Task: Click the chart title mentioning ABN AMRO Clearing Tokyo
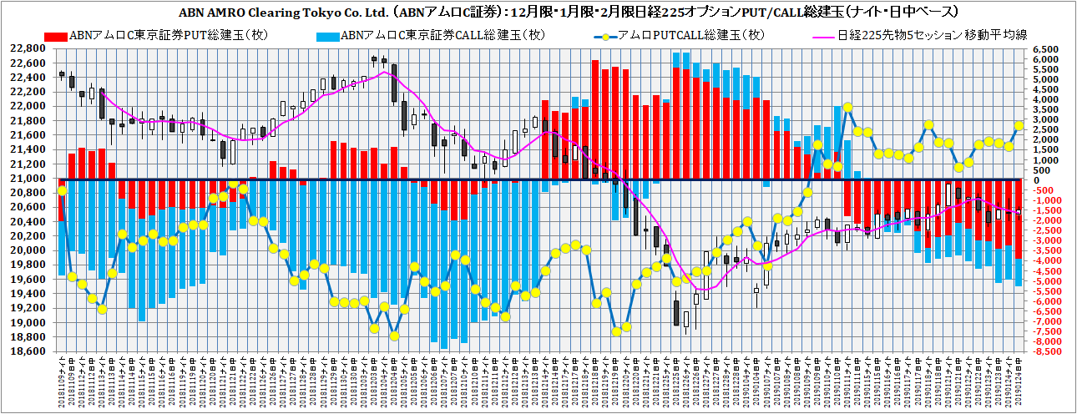pos(538,13)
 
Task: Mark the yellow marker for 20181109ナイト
pos(62,190)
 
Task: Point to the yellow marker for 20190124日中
pos(1019,125)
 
